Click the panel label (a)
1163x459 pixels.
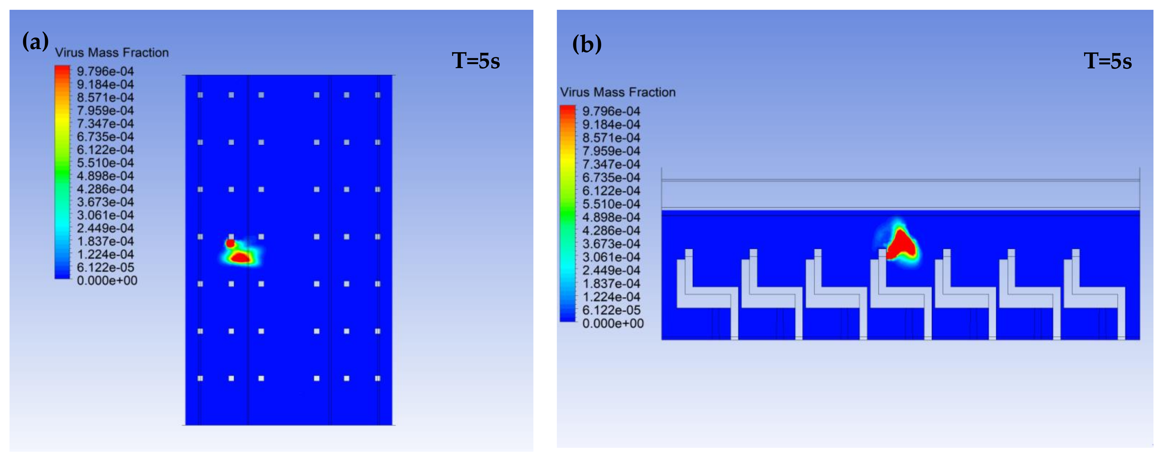click(35, 42)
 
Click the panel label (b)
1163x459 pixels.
click(586, 44)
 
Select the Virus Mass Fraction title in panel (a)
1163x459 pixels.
click(112, 53)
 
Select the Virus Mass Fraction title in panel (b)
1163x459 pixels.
click(618, 92)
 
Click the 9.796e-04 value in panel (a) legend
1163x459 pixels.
click(105, 71)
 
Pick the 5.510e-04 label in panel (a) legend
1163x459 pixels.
click(105, 163)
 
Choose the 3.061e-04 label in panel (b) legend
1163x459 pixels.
click(611, 257)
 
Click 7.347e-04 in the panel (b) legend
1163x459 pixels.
click(611, 164)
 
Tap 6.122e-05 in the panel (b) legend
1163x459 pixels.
click(611, 310)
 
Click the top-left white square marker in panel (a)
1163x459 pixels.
click(200, 95)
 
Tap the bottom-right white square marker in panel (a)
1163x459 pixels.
click(377, 378)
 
